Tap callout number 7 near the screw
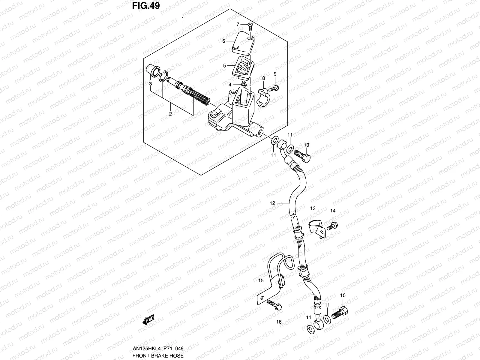(238, 24)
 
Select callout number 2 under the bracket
(170, 114)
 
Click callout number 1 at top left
(182, 19)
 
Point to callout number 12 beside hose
(272, 203)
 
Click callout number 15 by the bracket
(261, 281)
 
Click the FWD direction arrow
(148, 320)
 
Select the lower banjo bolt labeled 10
(340, 314)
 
